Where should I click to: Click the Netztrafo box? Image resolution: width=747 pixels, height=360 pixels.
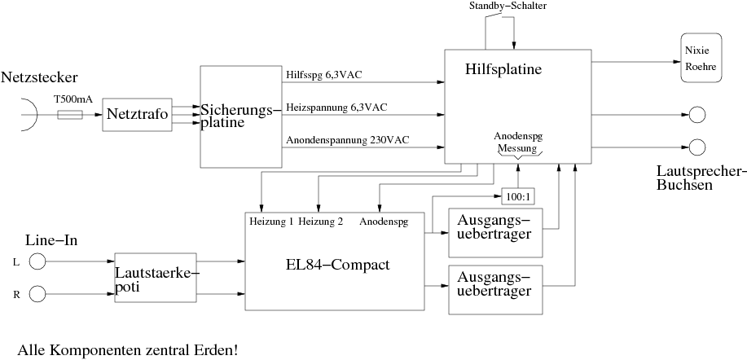coord(136,115)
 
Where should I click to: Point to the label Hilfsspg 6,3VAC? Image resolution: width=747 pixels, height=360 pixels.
coord(323,75)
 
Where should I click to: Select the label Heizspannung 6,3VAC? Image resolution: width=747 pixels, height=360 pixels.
coord(335,107)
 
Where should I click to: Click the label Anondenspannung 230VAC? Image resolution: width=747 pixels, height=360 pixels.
coord(347,140)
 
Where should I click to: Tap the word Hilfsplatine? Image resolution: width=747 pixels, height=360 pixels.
coord(503,71)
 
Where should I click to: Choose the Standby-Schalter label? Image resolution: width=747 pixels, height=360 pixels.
coord(507,7)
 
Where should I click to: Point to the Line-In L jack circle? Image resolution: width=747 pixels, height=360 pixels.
coord(37,261)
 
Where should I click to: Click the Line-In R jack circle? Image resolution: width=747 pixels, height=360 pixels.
coord(37,294)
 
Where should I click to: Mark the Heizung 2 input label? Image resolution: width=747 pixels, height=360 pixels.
coord(320,221)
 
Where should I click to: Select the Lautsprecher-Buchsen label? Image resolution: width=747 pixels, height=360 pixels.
coord(701,178)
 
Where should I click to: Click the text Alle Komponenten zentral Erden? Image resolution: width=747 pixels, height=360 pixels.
coord(128,350)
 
